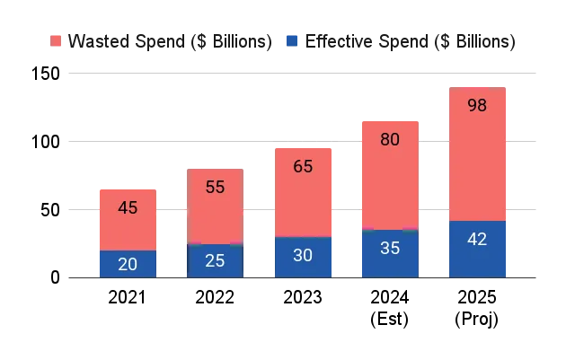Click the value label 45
[x=128, y=208]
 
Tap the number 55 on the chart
[x=215, y=188]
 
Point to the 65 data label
[x=303, y=166]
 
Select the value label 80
[x=390, y=140]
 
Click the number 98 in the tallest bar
[x=477, y=105]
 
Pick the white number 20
[x=128, y=265]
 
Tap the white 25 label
[x=215, y=261]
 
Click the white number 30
[x=303, y=255]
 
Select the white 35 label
[x=390, y=249]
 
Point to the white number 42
[x=477, y=240]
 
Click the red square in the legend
[x=57, y=40]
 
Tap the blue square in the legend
[x=290, y=40]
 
